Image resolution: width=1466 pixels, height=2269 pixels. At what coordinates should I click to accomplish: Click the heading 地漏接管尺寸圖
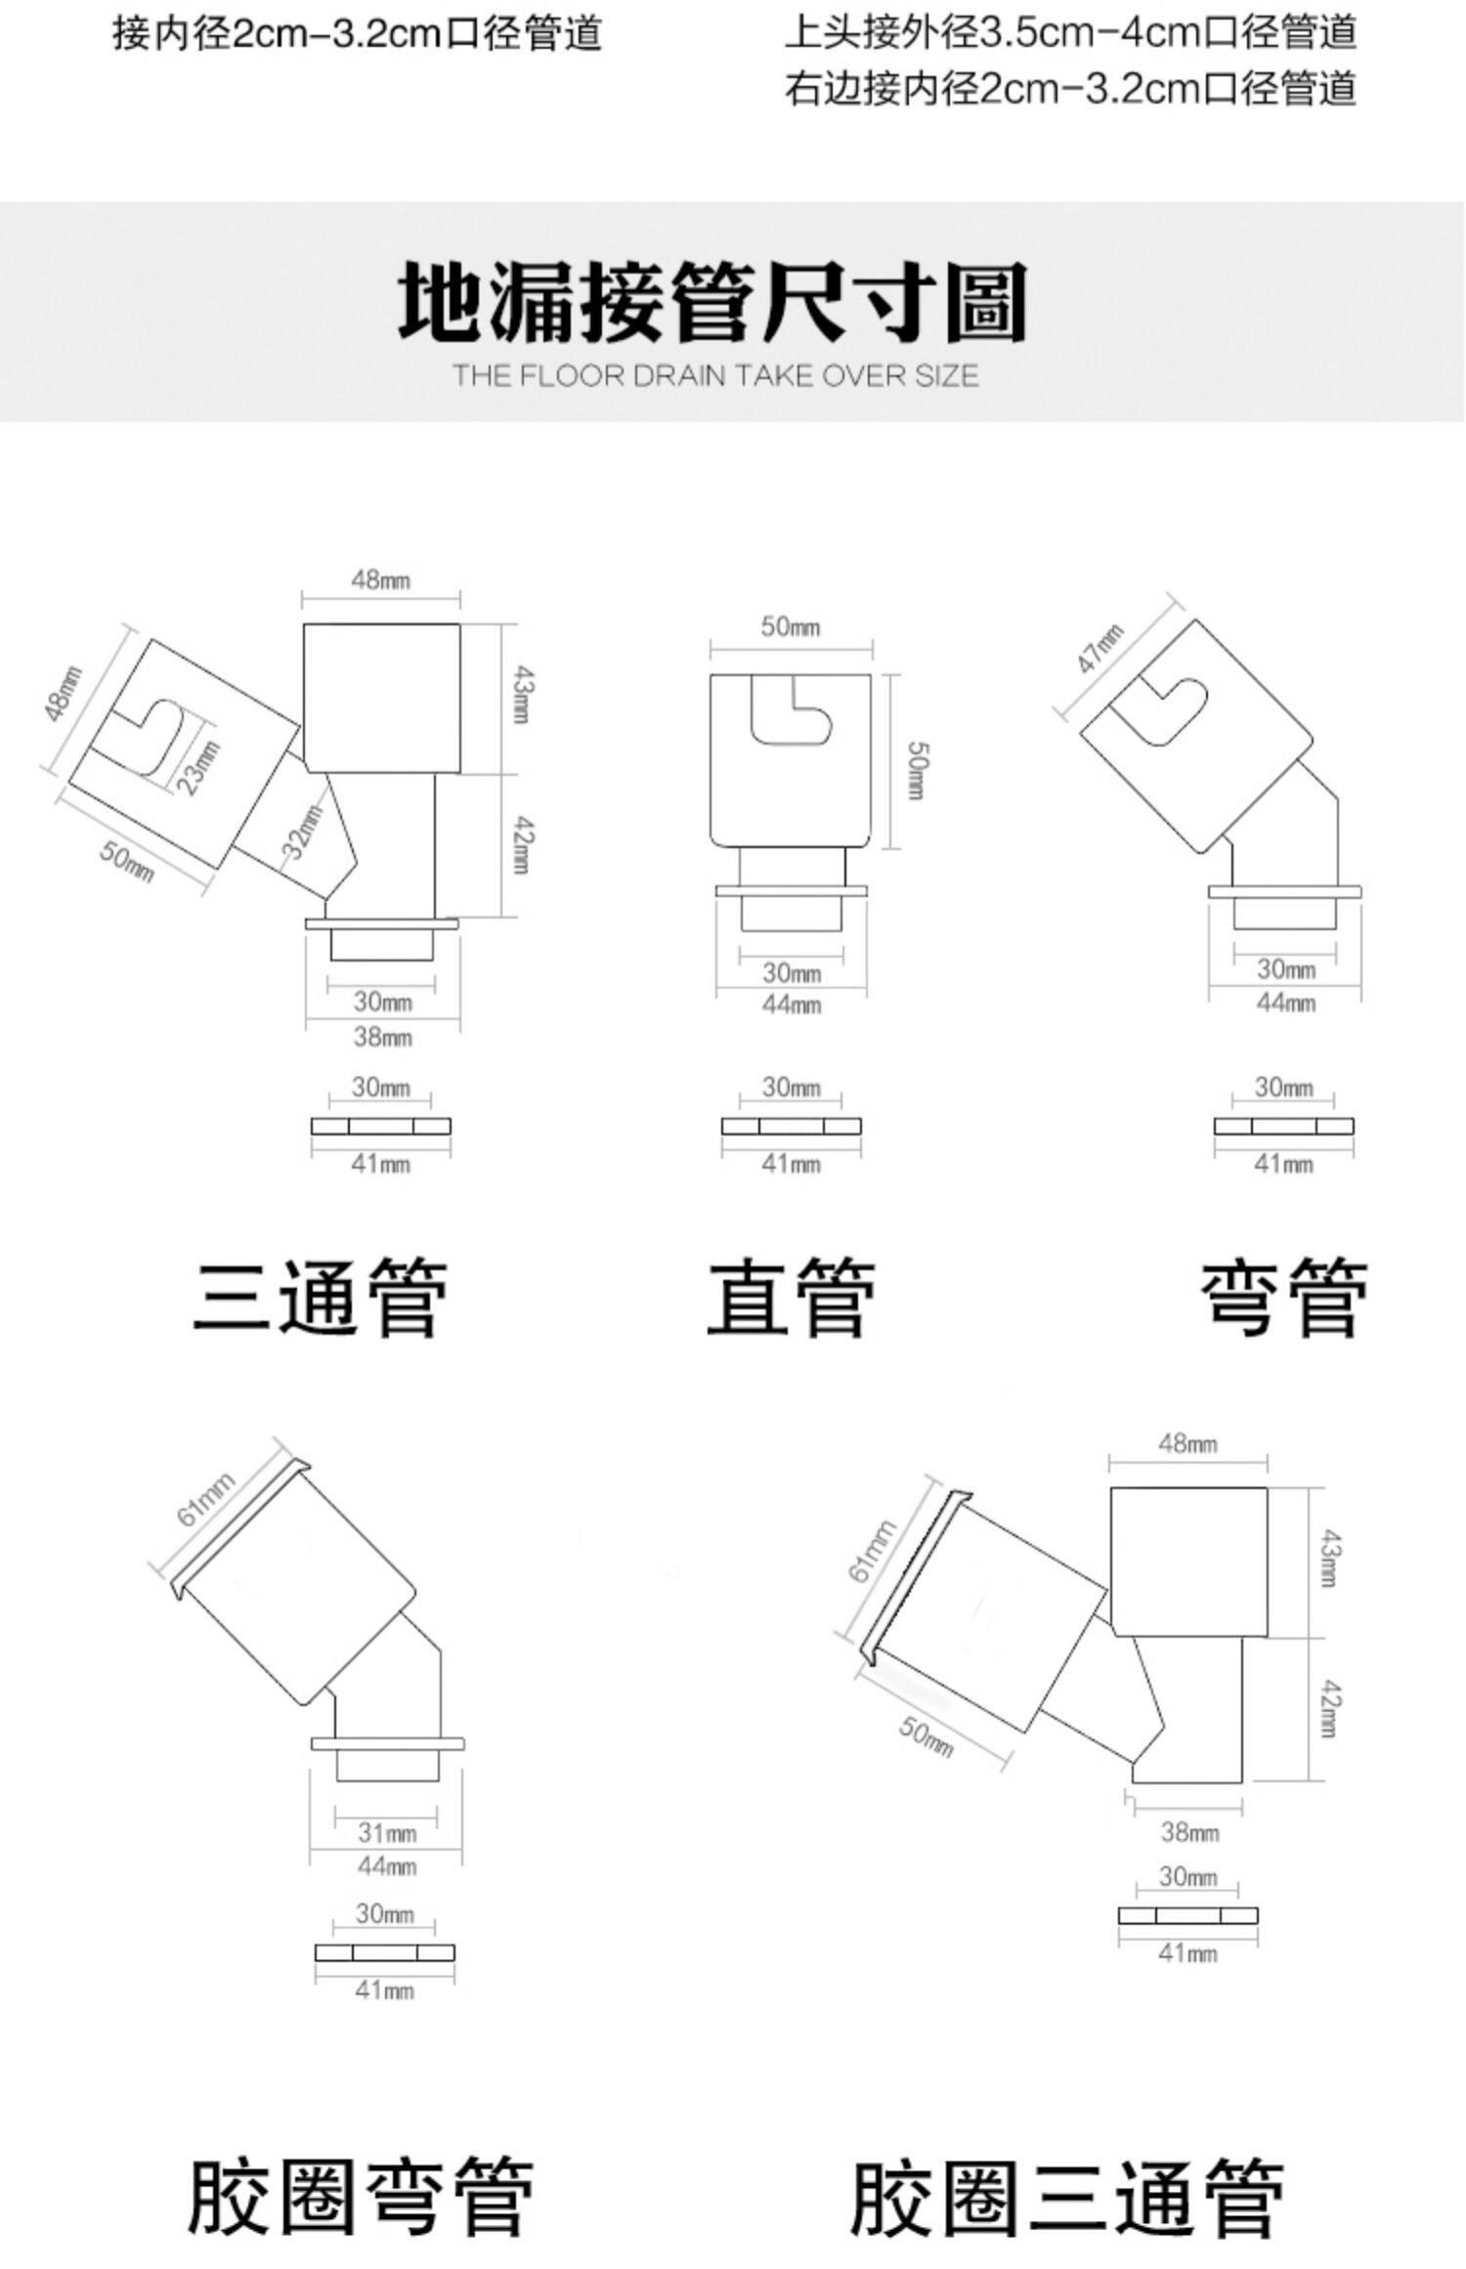click(x=712, y=302)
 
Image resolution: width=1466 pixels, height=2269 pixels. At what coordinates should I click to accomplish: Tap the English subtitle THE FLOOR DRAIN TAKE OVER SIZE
click(x=715, y=376)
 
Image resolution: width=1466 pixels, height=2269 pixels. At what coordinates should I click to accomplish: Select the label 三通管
click(x=321, y=1298)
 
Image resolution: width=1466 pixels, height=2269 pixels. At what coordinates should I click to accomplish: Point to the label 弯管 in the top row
click(x=1283, y=1298)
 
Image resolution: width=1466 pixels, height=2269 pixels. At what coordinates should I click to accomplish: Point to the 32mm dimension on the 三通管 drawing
click(x=304, y=832)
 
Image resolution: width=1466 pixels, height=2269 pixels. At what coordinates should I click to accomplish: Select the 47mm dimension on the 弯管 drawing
click(x=1099, y=647)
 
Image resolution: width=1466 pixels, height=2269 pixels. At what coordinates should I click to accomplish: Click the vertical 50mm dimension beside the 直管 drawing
click(x=916, y=771)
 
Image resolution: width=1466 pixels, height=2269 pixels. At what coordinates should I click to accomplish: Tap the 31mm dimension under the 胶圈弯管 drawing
click(x=387, y=1833)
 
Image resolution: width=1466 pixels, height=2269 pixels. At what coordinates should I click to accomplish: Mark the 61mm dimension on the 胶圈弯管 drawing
click(x=205, y=1499)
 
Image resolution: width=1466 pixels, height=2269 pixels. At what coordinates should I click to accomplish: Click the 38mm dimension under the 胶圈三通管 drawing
click(x=1189, y=1832)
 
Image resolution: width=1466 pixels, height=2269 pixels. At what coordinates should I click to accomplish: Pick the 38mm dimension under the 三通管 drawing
click(x=382, y=1036)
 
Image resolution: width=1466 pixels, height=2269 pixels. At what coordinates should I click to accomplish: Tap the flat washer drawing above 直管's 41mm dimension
click(x=792, y=1126)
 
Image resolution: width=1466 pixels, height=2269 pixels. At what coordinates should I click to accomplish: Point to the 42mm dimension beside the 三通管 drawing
click(x=522, y=846)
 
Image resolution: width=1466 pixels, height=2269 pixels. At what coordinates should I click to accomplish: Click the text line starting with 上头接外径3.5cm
click(x=1070, y=32)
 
